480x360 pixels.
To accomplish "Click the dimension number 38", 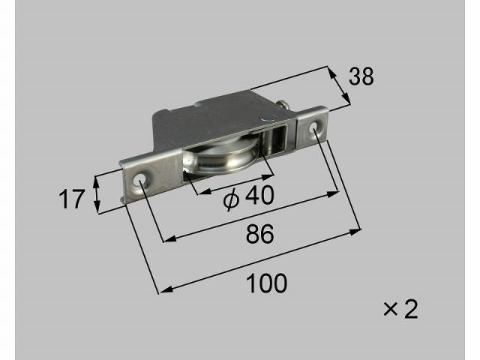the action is point(361,76).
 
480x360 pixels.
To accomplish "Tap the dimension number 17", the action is point(71,199).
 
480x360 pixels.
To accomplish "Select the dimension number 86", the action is point(260,234).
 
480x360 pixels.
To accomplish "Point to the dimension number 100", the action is point(267,283).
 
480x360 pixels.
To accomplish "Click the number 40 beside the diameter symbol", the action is point(259,196).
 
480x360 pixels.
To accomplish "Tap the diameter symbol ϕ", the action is point(231,199).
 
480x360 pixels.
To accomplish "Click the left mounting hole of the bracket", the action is point(140,178).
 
